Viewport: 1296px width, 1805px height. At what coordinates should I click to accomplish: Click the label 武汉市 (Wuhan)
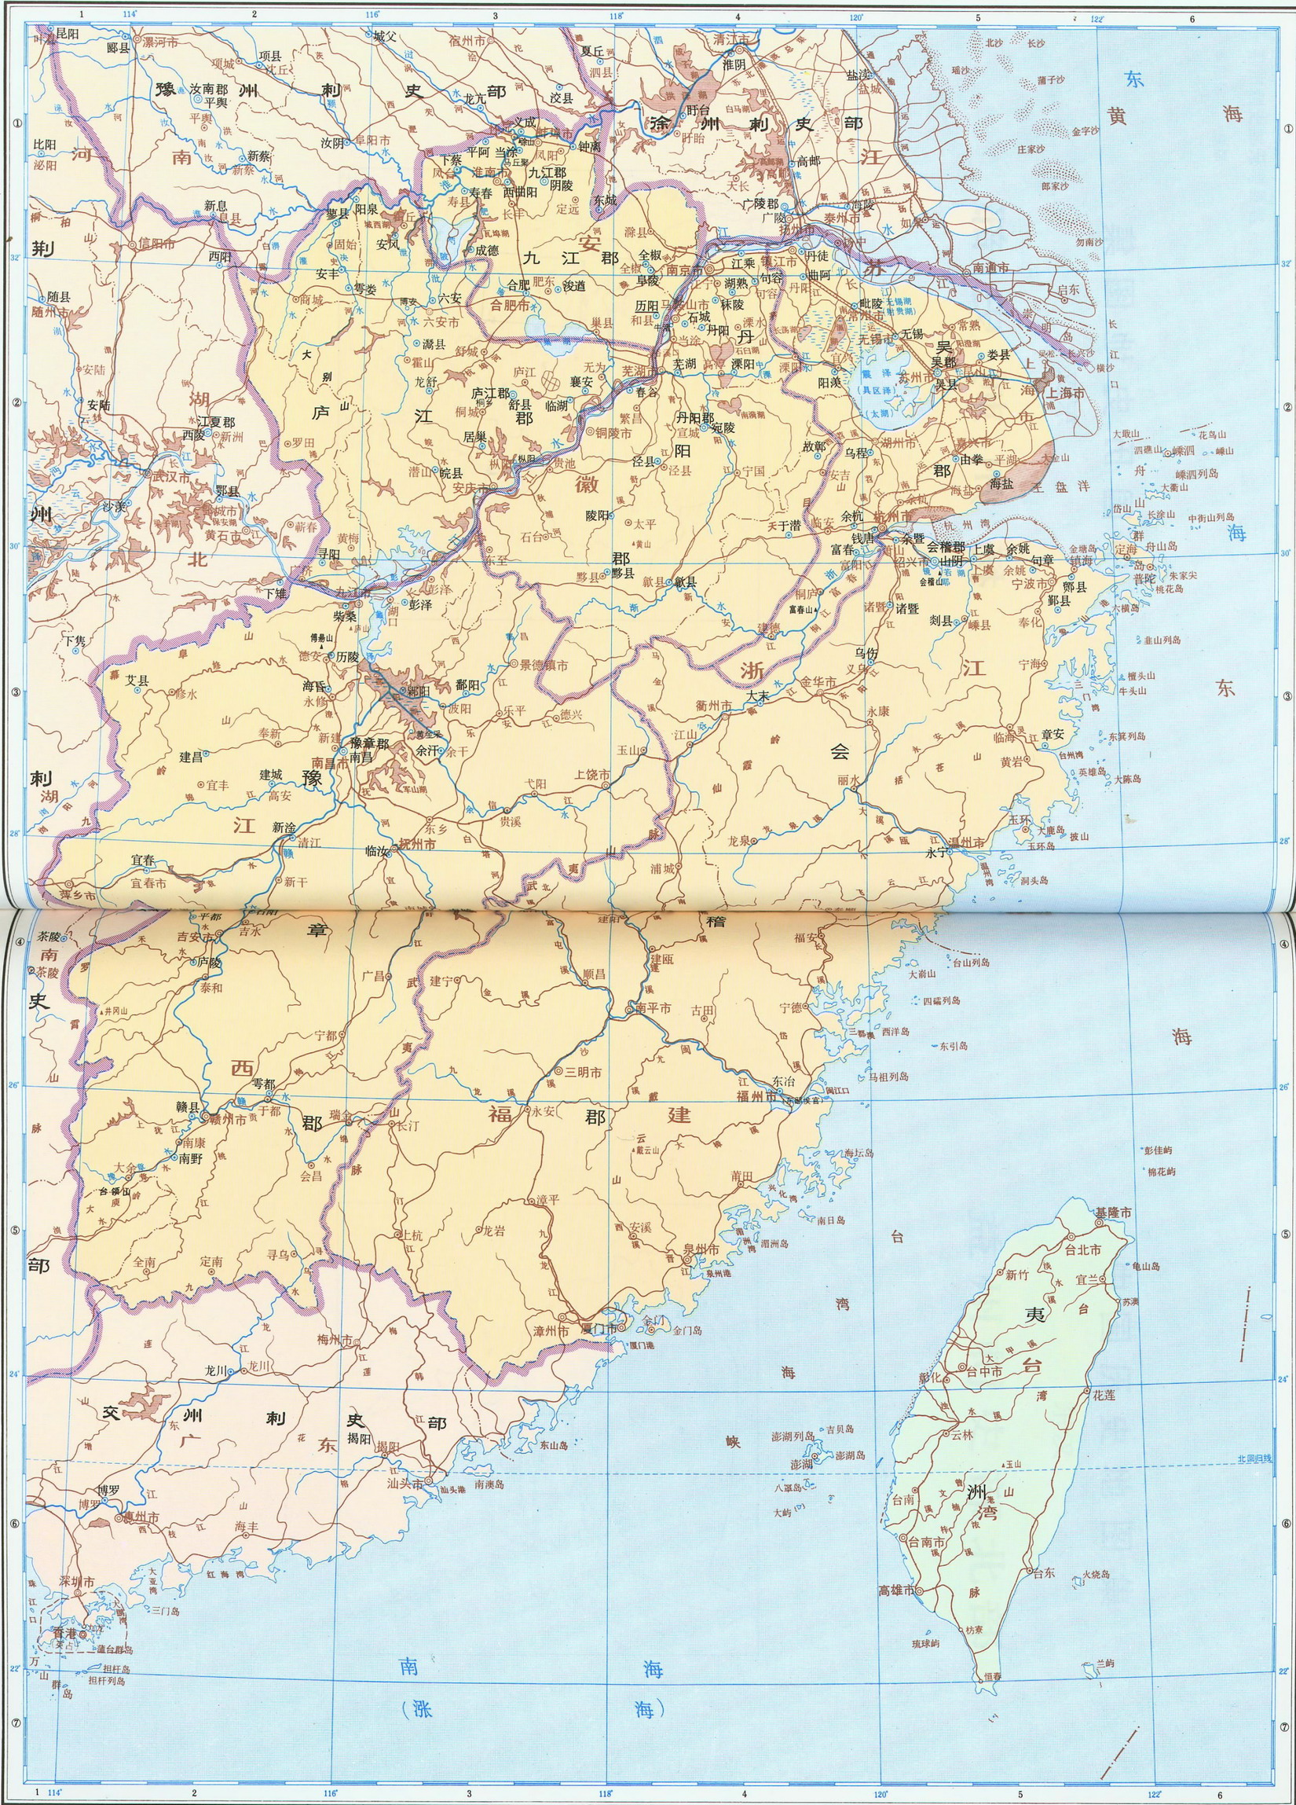(x=171, y=478)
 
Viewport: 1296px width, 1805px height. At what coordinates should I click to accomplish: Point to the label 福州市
(x=756, y=1096)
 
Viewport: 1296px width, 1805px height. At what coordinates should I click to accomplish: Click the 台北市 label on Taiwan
(x=1082, y=1250)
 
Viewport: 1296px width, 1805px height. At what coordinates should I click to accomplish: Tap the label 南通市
(x=990, y=269)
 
